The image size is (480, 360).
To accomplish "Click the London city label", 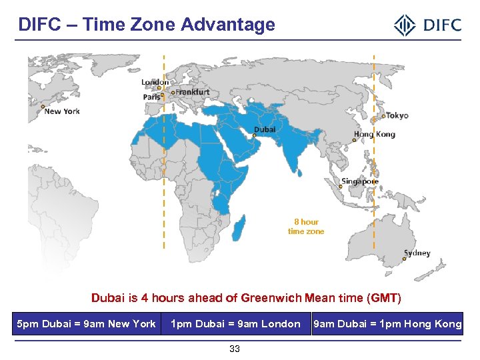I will (x=155, y=82).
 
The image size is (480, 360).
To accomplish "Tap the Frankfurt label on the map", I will (x=193, y=92).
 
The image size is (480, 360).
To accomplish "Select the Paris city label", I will (x=151, y=97).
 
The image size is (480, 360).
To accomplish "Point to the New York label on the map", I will (x=62, y=111).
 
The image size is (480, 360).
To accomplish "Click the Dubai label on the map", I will (x=265, y=129).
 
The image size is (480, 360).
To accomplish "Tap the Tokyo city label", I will (x=397, y=115).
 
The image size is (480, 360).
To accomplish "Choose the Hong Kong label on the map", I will (x=375, y=134).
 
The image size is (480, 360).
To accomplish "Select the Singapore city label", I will (x=360, y=181).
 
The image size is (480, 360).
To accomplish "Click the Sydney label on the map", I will (x=417, y=253).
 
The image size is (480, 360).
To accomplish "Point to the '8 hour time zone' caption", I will (x=306, y=227).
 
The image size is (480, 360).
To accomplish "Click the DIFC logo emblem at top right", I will (x=405, y=26).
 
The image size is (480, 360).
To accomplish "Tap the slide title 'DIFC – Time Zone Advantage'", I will (x=147, y=25).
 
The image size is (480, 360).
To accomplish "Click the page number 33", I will (x=235, y=349).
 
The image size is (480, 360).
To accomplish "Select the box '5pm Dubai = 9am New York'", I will (x=86, y=324).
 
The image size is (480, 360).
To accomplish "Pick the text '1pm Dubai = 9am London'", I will (x=235, y=324).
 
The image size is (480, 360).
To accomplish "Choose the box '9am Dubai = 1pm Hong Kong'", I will (x=387, y=324).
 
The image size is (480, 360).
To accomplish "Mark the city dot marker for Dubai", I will (x=254, y=135).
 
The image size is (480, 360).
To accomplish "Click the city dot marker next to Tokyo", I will (x=383, y=116).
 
